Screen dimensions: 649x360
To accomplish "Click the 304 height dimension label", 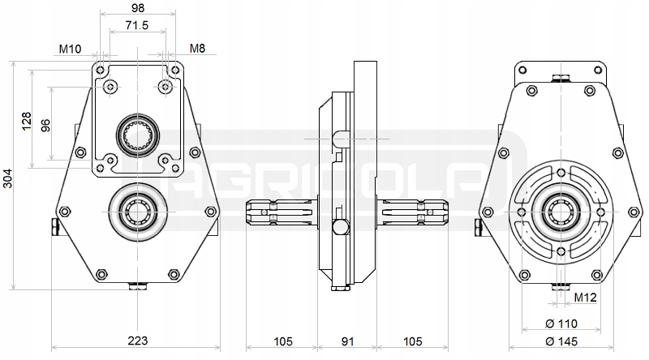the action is (x=8, y=178).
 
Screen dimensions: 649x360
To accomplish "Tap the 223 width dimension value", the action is (x=137, y=341).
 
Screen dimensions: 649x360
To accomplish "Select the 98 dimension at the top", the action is (x=138, y=8).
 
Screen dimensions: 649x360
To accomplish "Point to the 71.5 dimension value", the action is (x=137, y=25).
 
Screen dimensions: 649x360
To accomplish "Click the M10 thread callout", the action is (x=70, y=49).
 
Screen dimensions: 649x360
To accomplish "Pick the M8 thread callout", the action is (x=197, y=49).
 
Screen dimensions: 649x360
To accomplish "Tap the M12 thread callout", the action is (x=585, y=297).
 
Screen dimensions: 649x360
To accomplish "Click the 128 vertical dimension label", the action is (x=27, y=121).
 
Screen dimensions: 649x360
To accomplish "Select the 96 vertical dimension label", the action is (x=45, y=125).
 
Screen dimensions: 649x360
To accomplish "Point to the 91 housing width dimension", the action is (x=348, y=341).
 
